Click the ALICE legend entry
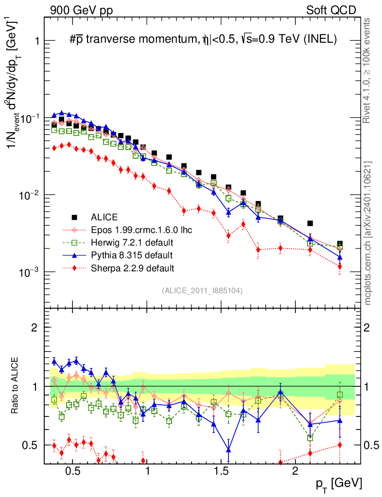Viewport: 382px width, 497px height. [104, 217]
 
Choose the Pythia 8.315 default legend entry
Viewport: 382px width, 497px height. [131, 255]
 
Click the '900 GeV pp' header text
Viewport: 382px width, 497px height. [81, 10]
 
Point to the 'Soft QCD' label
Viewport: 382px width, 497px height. [331, 10]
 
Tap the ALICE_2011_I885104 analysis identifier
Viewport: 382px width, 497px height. [202, 290]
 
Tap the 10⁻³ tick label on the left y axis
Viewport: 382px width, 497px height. [27, 272]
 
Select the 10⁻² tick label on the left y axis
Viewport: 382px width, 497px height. [27, 195]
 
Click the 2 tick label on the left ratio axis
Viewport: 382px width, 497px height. [34, 328]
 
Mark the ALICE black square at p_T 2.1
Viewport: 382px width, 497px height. [310, 223]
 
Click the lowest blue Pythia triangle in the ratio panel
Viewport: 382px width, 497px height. [228, 449]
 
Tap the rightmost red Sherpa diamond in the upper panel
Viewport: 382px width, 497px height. [340, 266]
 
